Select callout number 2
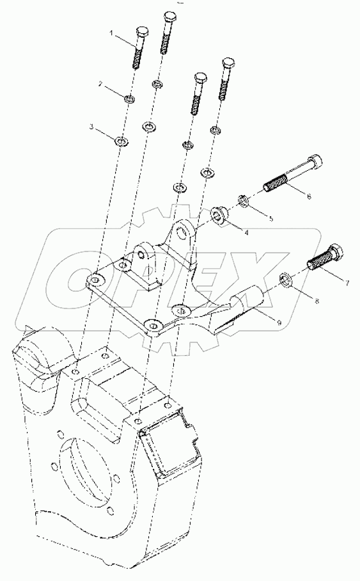tap(100, 84)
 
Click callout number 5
tap(270, 218)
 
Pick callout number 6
tap(309, 196)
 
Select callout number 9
tap(279, 323)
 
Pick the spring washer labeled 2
tap(130, 98)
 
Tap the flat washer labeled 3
tap(121, 140)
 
